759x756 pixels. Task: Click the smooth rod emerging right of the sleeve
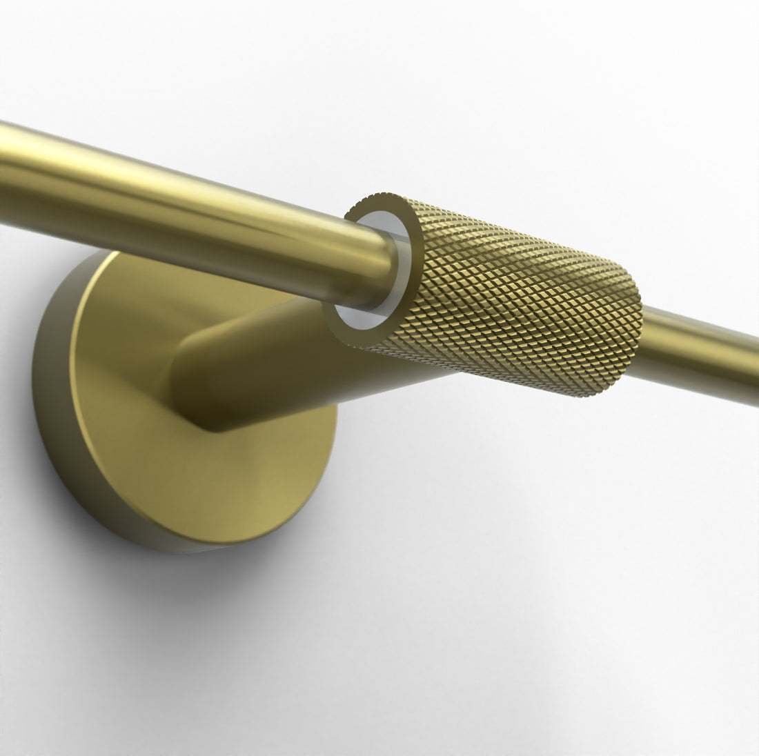pos(697,348)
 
